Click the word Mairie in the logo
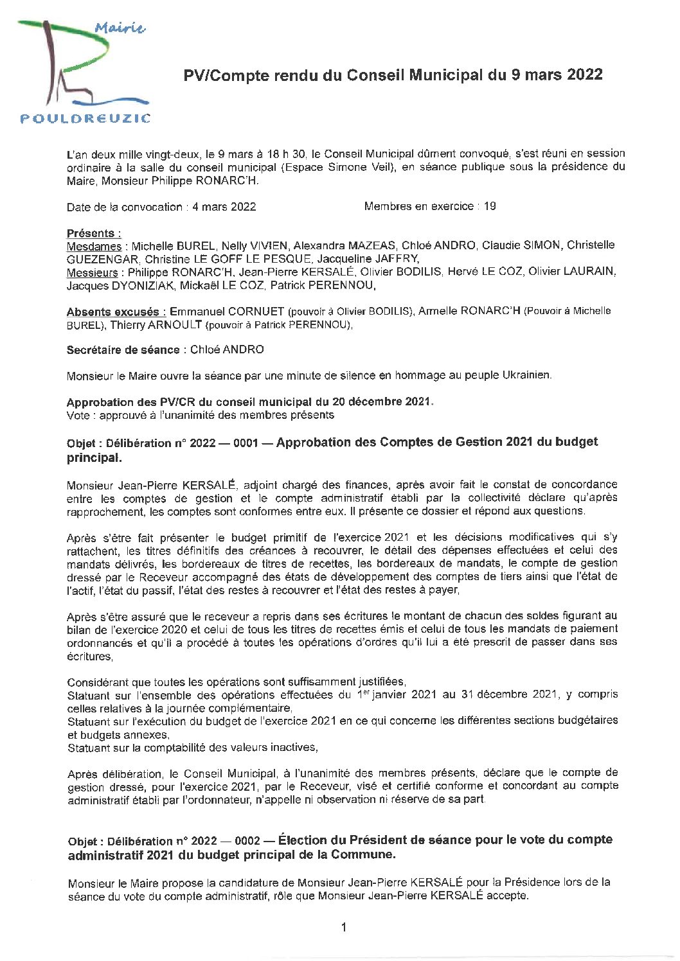(x=120, y=28)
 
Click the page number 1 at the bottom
(x=344, y=927)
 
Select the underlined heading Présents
(x=94, y=233)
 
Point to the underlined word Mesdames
(x=94, y=246)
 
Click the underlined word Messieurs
(x=94, y=272)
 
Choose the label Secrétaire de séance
(x=123, y=350)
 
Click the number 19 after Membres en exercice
(x=489, y=207)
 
